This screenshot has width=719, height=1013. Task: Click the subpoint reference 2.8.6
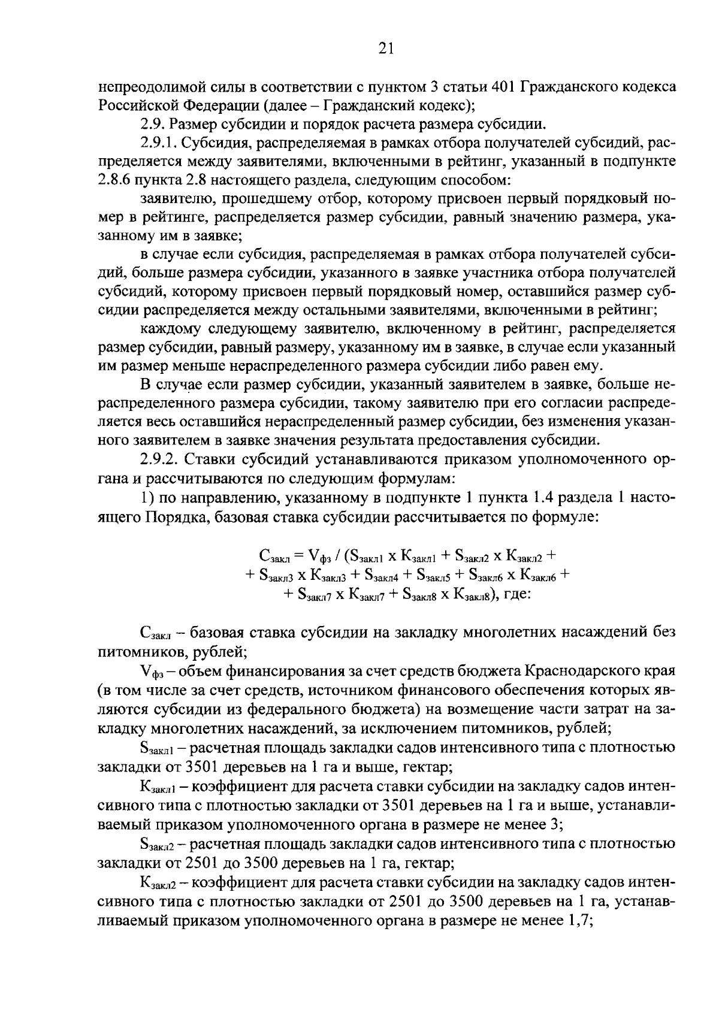point(114,180)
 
